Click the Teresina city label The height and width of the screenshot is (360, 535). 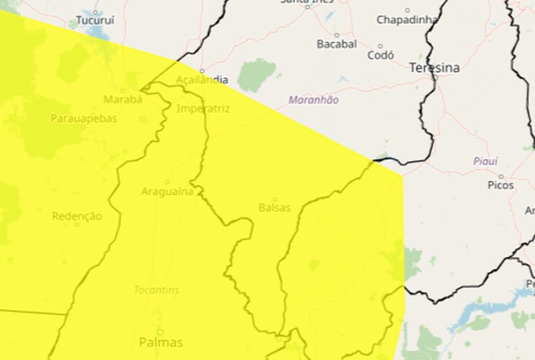(x=434, y=67)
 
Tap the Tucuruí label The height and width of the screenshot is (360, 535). (x=95, y=20)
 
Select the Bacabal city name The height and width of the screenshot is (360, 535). (x=337, y=44)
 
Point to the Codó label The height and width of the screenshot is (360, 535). (x=381, y=55)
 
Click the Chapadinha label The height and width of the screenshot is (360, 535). (x=407, y=20)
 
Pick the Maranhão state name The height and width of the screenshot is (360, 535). (x=314, y=100)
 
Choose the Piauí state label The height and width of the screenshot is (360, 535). (x=485, y=161)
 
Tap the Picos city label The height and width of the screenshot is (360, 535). (x=500, y=185)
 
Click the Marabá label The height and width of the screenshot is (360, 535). (x=123, y=99)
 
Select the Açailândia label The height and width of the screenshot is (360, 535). (x=202, y=80)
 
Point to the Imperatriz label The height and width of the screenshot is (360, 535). (x=203, y=109)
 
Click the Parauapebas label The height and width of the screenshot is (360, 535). (x=84, y=119)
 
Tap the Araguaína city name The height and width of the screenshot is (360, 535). (x=167, y=192)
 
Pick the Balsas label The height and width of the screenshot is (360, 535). (x=275, y=208)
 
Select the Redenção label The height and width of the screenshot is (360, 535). (x=77, y=216)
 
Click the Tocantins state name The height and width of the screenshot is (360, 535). (x=157, y=290)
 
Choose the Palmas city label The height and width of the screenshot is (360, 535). (x=161, y=343)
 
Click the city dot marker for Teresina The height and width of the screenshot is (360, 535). (x=435, y=77)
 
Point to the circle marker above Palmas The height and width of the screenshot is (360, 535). (x=161, y=332)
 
